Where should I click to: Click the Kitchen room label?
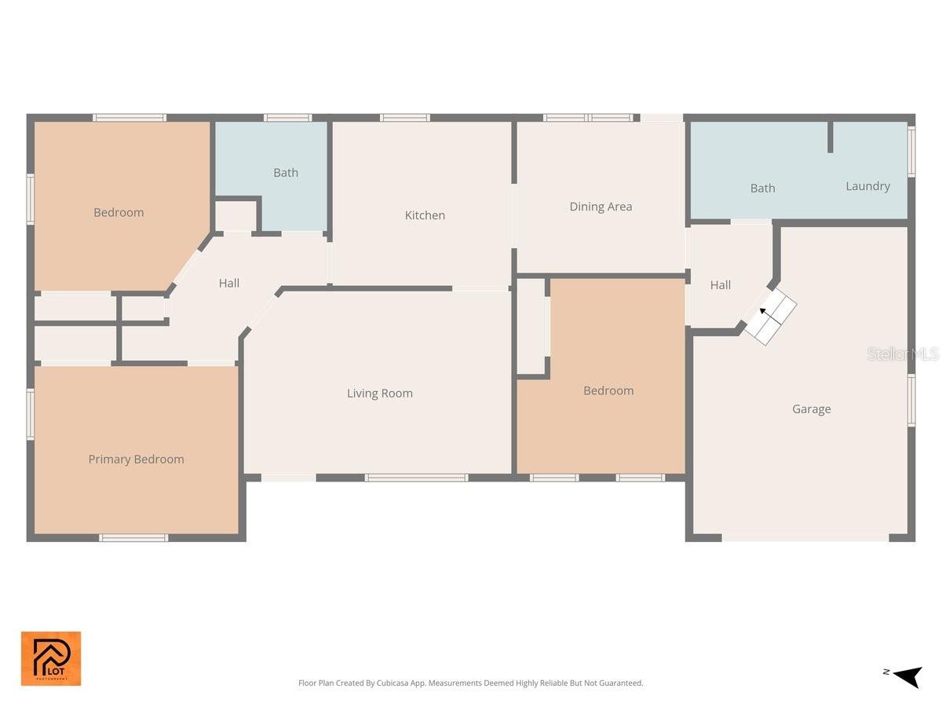pyautogui.click(x=425, y=215)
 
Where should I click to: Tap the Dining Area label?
pyautogui.click(x=601, y=207)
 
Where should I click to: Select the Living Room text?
pyautogui.click(x=380, y=394)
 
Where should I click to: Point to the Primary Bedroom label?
pyautogui.click(x=136, y=460)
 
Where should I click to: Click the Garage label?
pyautogui.click(x=811, y=409)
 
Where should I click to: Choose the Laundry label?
pyautogui.click(x=867, y=186)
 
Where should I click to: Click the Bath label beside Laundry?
pyautogui.click(x=762, y=189)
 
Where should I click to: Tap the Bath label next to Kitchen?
pyautogui.click(x=286, y=173)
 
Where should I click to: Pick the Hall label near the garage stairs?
pyautogui.click(x=721, y=285)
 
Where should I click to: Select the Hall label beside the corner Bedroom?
pyautogui.click(x=229, y=284)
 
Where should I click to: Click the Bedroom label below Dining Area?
pyautogui.click(x=608, y=390)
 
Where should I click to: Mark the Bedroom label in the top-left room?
pyautogui.click(x=119, y=212)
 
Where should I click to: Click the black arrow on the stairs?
pyautogui.click(x=763, y=312)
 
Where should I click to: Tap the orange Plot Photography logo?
pyautogui.click(x=51, y=658)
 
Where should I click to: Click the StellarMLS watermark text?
pyautogui.click(x=903, y=354)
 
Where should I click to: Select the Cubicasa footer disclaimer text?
pyautogui.click(x=470, y=683)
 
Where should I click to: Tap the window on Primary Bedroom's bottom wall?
pyautogui.click(x=133, y=538)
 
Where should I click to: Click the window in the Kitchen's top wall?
pyautogui.click(x=404, y=118)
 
